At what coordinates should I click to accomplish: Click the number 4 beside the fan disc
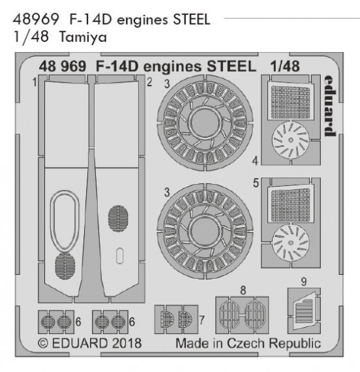click(255, 159)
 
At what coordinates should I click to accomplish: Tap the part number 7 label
click(202, 320)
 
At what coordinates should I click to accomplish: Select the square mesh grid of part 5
click(292, 198)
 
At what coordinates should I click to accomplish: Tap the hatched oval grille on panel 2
click(119, 216)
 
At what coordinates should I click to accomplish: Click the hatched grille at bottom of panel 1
click(65, 266)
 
